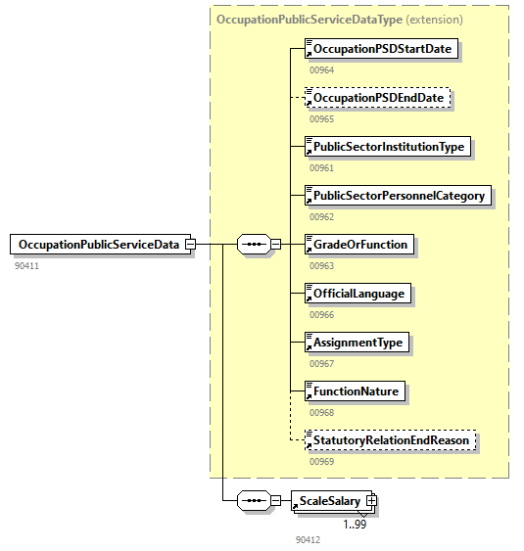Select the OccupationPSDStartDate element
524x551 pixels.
point(381,48)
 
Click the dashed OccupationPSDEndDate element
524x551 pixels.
point(378,98)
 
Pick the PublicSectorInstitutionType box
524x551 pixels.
point(388,147)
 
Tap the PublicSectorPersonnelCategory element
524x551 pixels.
point(397,196)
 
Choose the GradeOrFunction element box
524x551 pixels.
point(359,245)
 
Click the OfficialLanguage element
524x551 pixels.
point(357,294)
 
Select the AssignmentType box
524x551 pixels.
point(357,343)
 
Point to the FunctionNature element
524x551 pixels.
point(355,391)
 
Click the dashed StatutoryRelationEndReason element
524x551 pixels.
point(391,440)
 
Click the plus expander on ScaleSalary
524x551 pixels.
point(371,501)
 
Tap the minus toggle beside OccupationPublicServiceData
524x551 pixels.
point(190,245)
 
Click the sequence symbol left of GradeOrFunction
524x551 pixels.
point(254,245)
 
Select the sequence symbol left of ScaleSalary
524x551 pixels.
point(254,501)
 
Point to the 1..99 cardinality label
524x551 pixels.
point(356,524)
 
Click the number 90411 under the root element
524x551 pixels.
point(27,265)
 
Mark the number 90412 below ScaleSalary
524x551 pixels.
point(308,539)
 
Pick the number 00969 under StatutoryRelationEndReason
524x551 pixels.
point(322,461)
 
